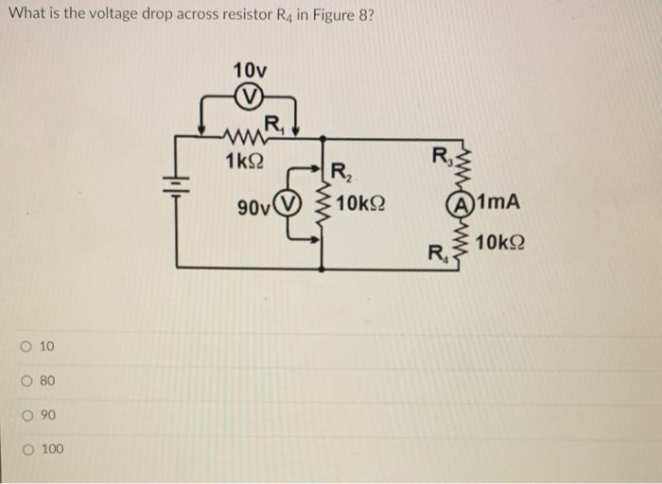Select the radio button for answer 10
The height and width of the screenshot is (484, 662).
pos(30,347)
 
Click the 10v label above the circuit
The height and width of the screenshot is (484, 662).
pos(249,70)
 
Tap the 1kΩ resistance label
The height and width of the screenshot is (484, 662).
pos(244,162)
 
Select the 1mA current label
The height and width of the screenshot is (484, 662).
pos(499,202)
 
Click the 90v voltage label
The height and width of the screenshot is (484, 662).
pos(254,205)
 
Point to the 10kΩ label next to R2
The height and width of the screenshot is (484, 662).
pos(359,204)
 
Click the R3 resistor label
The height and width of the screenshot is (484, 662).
pos(442,155)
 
